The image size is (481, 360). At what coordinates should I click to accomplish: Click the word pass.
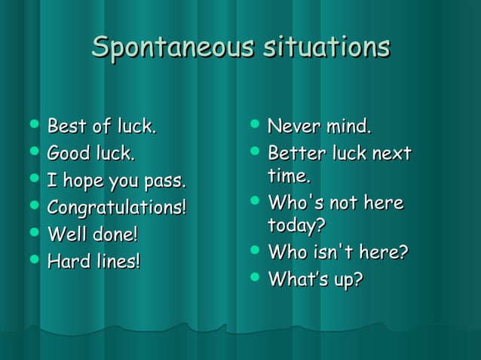point(167,182)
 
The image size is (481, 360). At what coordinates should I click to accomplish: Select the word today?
point(296,226)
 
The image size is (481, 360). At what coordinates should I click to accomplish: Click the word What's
point(295,279)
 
